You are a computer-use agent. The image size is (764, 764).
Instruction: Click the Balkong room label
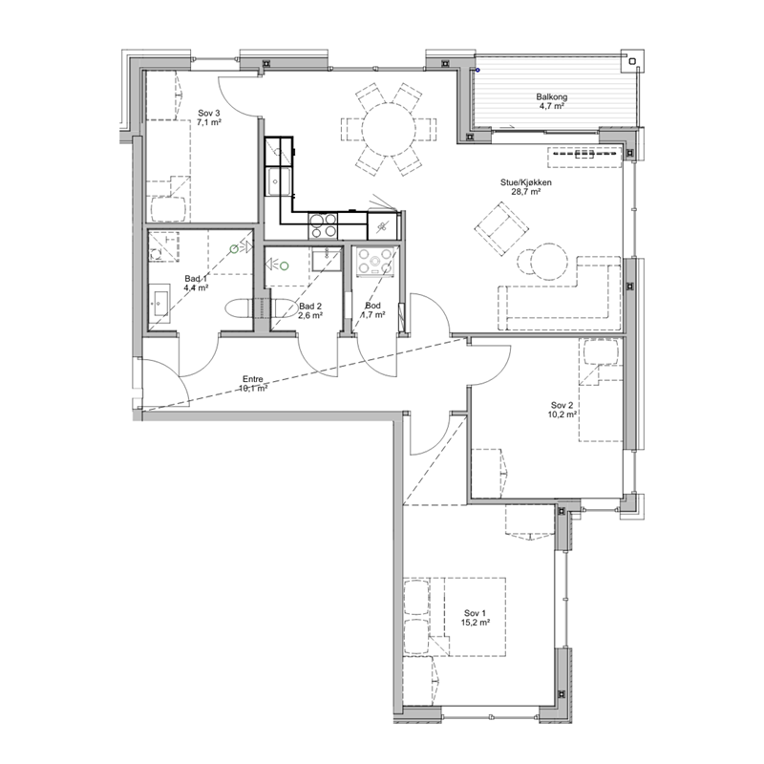pyautogui.click(x=552, y=96)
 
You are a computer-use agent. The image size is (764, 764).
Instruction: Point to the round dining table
pyautogui.click(x=389, y=129)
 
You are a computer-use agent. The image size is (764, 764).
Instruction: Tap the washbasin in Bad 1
pyautogui.click(x=159, y=303)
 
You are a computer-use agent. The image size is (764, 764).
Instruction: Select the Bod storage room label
pyautogui.click(x=372, y=306)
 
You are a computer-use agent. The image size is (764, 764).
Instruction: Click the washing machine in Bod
pyautogui.click(x=374, y=262)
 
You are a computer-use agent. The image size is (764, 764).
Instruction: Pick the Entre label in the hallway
pyautogui.click(x=253, y=379)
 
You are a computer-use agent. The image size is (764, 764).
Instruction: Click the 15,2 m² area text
pyautogui.click(x=475, y=623)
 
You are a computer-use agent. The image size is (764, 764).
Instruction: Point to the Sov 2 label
pyautogui.click(x=562, y=405)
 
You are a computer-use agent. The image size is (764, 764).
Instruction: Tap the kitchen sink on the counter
pyautogui.click(x=278, y=181)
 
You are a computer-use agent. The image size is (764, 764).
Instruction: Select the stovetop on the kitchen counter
pyautogui.click(x=323, y=226)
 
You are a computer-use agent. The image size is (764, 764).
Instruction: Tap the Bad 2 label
pyautogui.click(x=310, y=306)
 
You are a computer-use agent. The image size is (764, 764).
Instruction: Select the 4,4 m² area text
pyautogui.click(x=196, y=287)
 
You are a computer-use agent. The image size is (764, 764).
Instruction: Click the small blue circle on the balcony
pyautogui.click(x=478, y=70)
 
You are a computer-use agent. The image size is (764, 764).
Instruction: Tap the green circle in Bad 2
pyautogui.click(x=284, y=265)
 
